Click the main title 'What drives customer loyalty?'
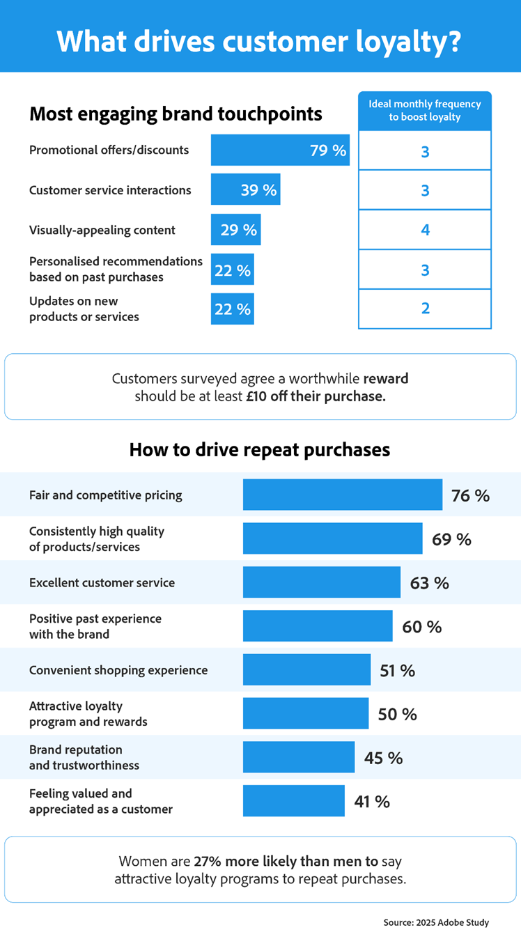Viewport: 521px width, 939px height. click(259, 40)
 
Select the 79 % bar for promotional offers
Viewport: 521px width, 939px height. click(279, 150)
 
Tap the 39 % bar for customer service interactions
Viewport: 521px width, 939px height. click(245, 189)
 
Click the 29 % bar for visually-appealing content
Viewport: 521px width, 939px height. click(235, 230)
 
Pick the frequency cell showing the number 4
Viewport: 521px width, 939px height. click(425, 230)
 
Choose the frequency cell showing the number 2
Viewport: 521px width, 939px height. click(425, 309)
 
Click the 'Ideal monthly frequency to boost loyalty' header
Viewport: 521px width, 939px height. click(425, 111)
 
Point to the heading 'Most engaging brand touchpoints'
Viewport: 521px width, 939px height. click(176, 114)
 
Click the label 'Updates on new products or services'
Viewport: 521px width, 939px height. click(84, 309)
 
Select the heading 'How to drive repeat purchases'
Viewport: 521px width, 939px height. click(259, 450)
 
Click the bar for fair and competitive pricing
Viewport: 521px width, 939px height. click(342, 495)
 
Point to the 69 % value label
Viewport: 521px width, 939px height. click(451, 539)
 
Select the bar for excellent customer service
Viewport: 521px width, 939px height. click(321, 582)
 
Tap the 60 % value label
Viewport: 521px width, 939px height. click(422, 627)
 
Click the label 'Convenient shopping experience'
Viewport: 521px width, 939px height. click(118, 670)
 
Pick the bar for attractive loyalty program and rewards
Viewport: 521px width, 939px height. click(305, 714)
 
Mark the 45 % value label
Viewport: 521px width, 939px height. click(383, 758)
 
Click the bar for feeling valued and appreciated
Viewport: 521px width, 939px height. click(293, 801)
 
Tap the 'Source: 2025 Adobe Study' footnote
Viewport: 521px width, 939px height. click(436, 922)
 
